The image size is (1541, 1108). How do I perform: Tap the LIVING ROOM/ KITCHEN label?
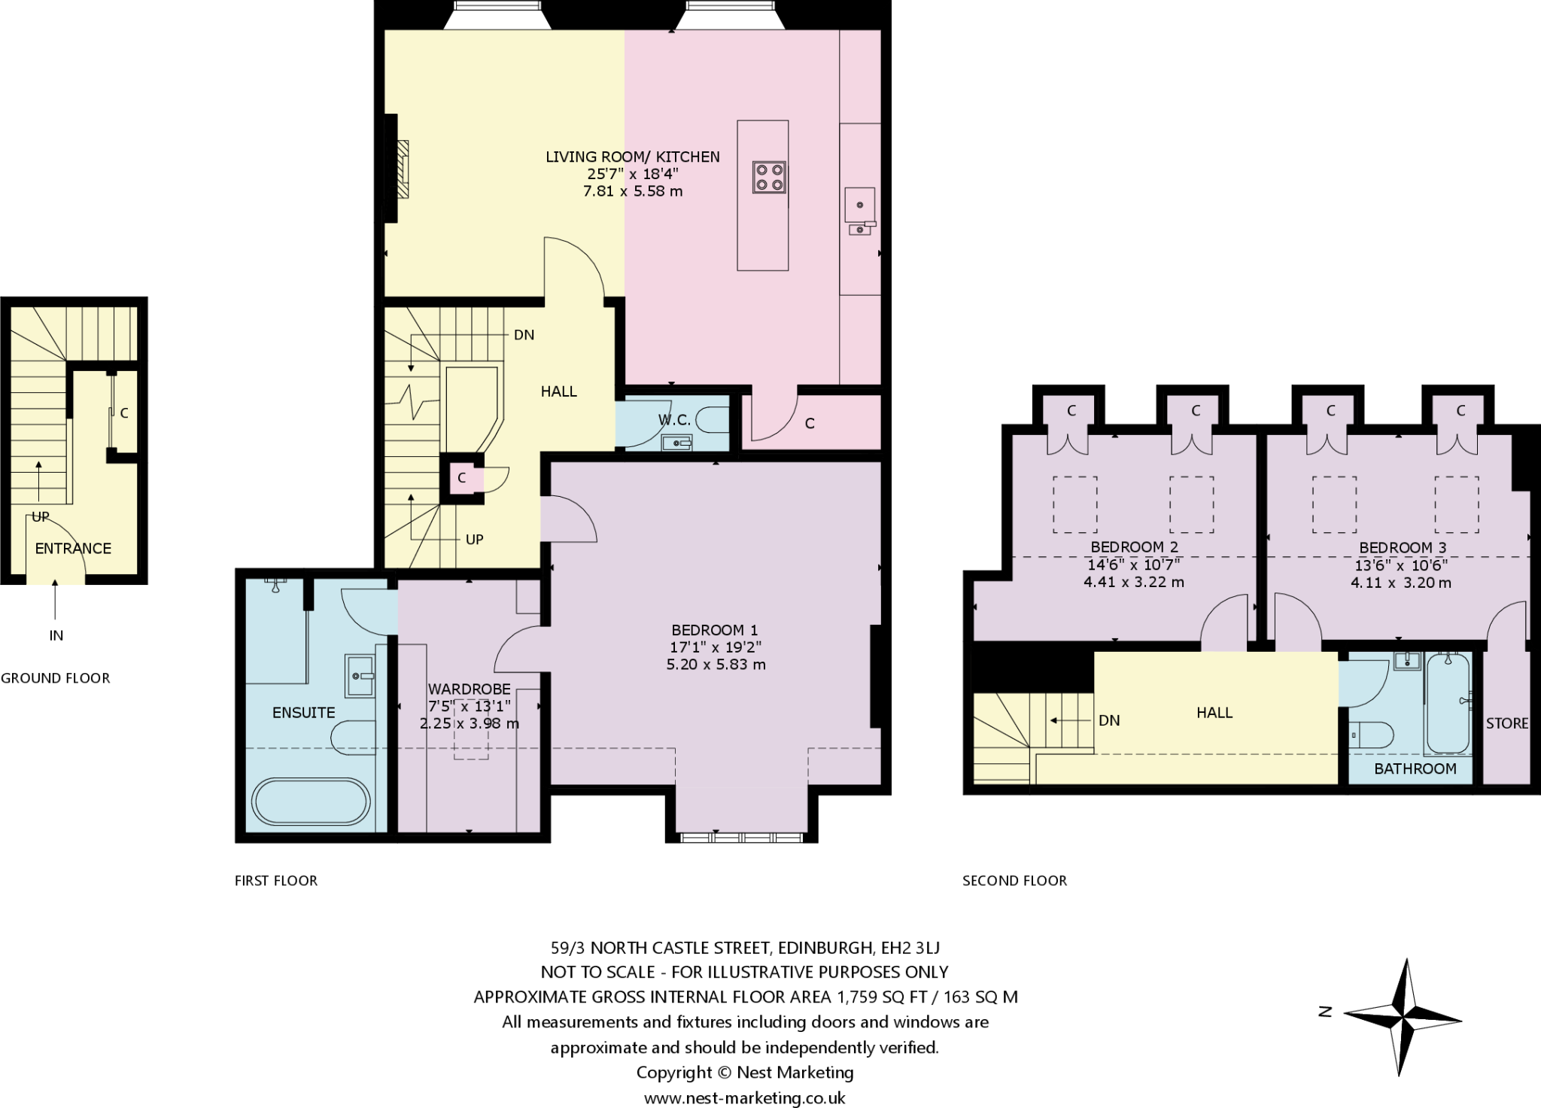[x=633, y=157]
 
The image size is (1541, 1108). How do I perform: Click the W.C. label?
[x=674, y=419]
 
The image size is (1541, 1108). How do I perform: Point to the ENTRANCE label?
[x=73, y=548]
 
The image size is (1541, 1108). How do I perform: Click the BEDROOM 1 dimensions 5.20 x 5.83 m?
[x=716, y=665]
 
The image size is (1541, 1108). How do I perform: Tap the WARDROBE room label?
[x=469, y=689]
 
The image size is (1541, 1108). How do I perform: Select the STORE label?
[x=1506, y=723]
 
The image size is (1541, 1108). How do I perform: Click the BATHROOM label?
[x=1415, y=769]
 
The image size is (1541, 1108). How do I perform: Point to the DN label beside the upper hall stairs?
[x=1109, y=720]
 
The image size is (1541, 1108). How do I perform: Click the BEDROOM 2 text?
[x=1134, y=547]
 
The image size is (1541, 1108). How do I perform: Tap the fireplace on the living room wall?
[x=402, y=169]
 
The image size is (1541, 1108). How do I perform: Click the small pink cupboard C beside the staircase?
[x=461, y=477]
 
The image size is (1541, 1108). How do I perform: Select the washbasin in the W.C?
[x=676, y=443]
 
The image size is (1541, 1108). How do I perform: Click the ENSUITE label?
[x=303, y=712]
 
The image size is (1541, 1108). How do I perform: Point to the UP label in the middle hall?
[x=474, y=540]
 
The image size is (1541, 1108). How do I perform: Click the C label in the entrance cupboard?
[x=124, y=413]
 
